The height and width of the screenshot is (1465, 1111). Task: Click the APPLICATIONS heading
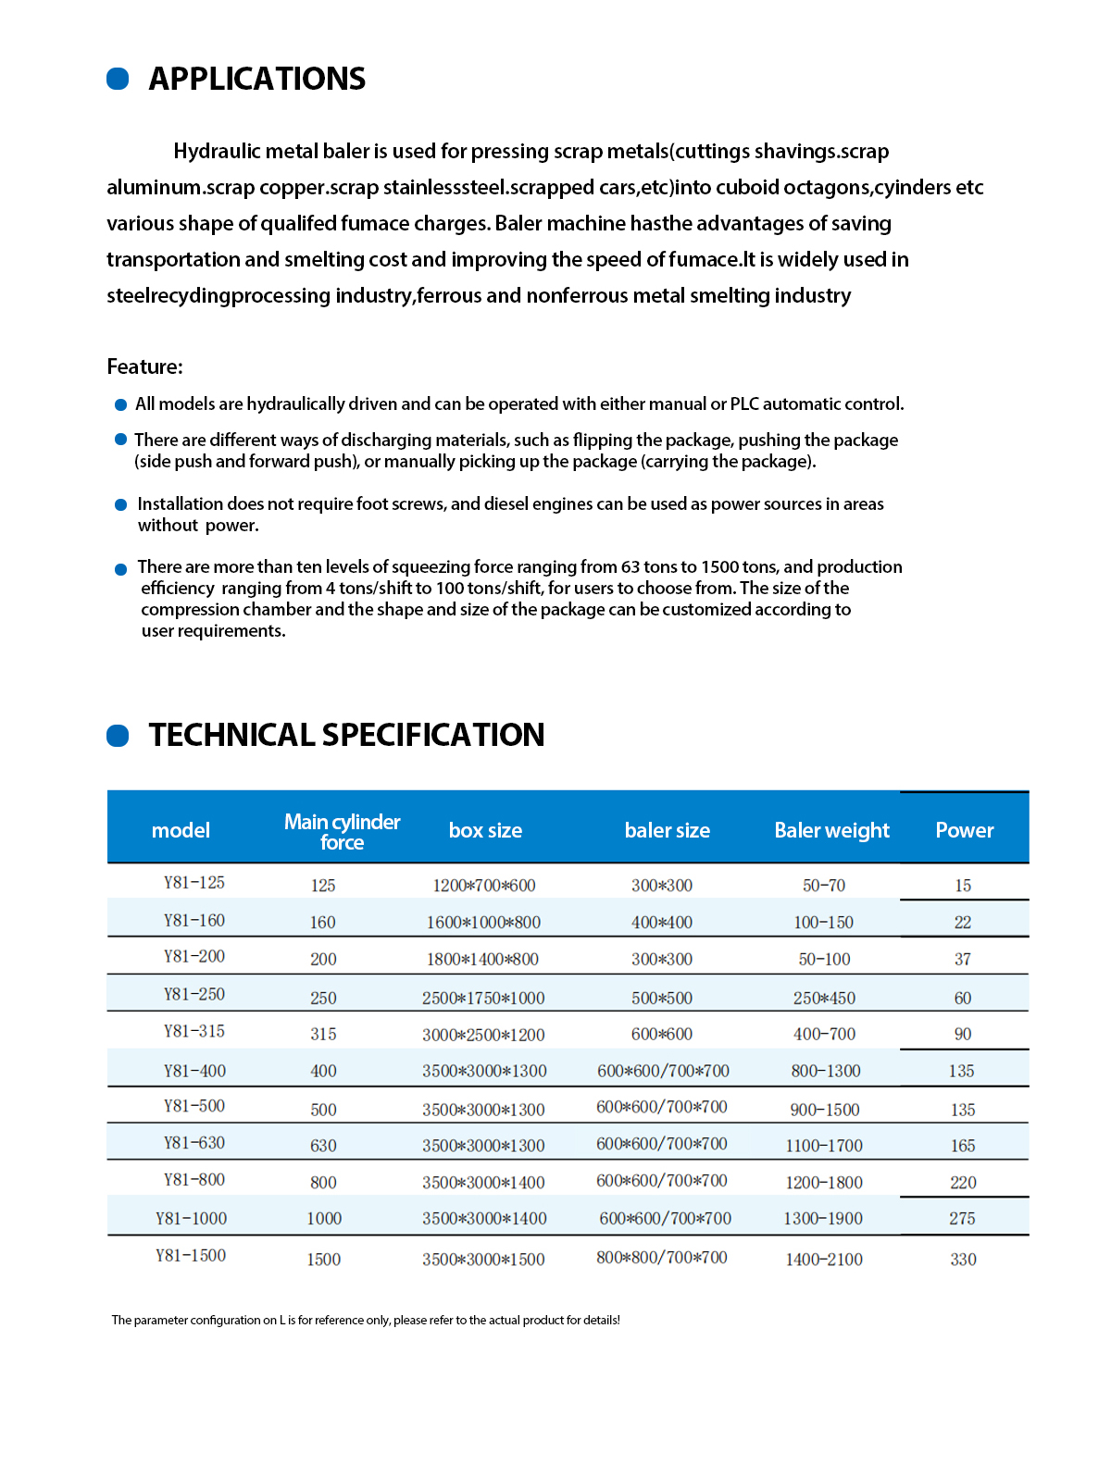pyautogui.click(x=256, y=79)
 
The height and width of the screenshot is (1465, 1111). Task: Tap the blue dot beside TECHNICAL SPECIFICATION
pyautogui.click(x=118, y=736)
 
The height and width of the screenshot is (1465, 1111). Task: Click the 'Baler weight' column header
pyautogui.click(x=831, y=830)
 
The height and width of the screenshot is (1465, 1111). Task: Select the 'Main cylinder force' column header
pyautogui.click(x=342, y=831)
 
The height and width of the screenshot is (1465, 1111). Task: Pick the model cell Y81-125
pyautogui.click(x=194, y=883)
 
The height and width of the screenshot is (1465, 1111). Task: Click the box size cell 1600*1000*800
pyautogui.click(x=483, y=923)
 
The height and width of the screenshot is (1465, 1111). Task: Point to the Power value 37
pyautogui.click(x=963, y=960)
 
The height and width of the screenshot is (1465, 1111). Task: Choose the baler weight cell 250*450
pyautogui.click(x=824, y=999)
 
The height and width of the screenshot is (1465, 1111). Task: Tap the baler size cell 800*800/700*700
pyautogui.click(x=662, y=1258)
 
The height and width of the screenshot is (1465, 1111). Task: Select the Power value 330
pyautogui.click(x=963, y=1260)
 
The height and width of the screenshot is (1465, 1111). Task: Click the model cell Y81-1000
pyautogui.click(x=191, y=1219)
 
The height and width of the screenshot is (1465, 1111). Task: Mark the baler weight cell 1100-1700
pyautogui.click(x=824, y=1146)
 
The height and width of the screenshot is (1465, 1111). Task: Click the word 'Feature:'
pyautogui.click(x=144, y=366)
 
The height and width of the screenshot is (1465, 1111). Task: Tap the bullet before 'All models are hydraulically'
pyautogui.click(x=120, y=404)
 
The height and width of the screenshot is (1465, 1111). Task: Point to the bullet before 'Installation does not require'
pyautogui.click(x=120, y=504)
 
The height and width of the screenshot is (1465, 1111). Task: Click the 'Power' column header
pyautogui.click(x=964, y=830)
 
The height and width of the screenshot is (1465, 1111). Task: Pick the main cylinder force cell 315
pyautogui.click(x=323, y=1035)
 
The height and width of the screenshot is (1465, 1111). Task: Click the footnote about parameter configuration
pyautogui.click(x=366, y=1320)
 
